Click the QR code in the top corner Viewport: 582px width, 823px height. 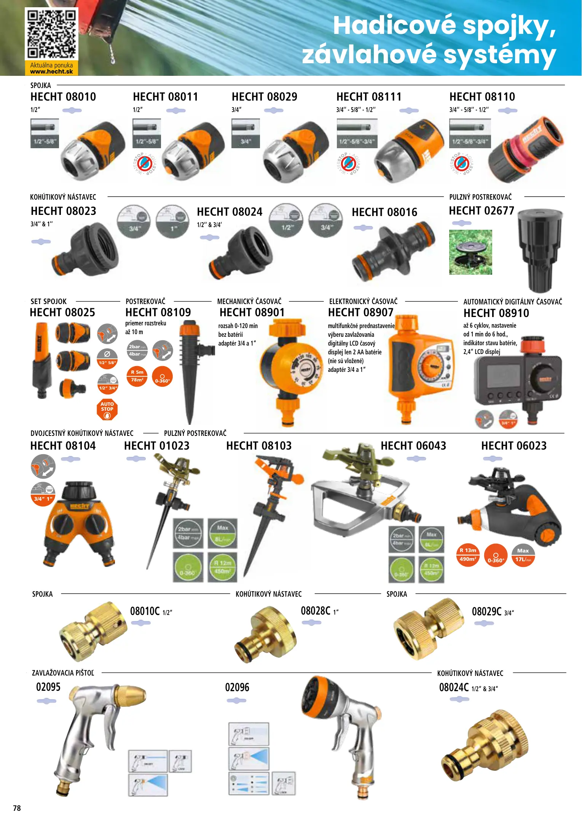coord(51,34)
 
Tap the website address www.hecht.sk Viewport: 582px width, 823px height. coord(51,72)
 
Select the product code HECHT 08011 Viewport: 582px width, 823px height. coord(166,97)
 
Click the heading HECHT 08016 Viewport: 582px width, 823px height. coord(384,212)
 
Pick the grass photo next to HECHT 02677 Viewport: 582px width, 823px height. coord(470,252)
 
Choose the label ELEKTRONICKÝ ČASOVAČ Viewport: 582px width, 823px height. coord(363,301)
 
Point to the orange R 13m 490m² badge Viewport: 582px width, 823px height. coord(468,555)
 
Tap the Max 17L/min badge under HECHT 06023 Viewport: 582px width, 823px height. coord(523,555)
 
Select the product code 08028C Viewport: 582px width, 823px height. coord(316,611)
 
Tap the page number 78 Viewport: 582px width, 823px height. coord(17,808)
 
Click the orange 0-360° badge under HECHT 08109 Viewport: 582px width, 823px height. coord(162,376)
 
